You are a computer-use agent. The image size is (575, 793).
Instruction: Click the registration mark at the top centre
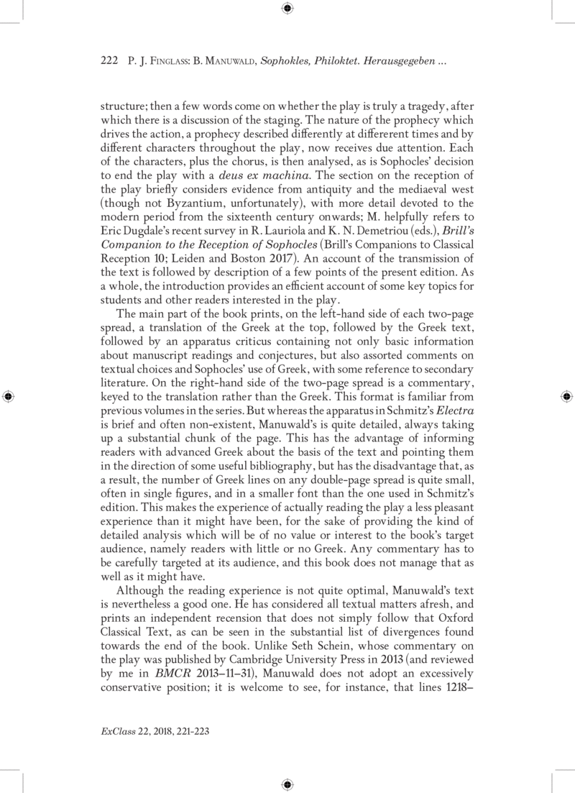pos(287,9)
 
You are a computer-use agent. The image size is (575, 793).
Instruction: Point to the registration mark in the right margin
pos(566,396)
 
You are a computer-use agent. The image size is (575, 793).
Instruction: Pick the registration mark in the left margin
pos(9,396)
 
